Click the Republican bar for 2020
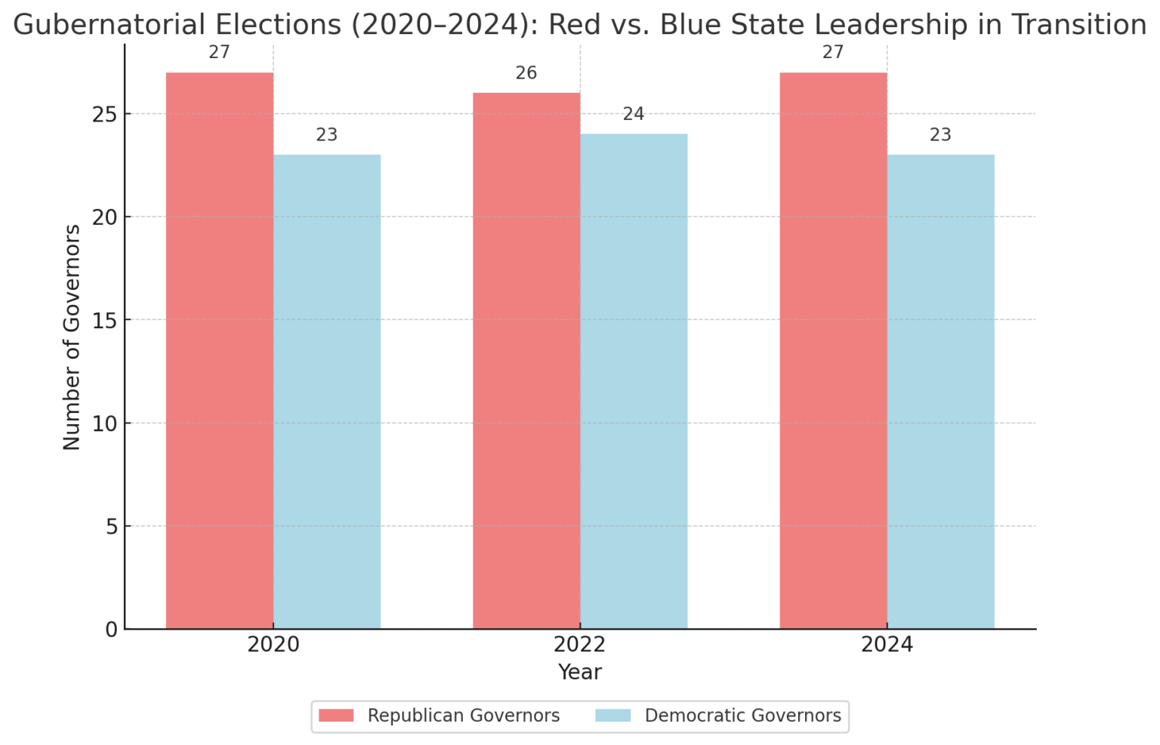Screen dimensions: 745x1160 click(220, 351)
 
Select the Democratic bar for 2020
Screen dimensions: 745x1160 click(327, 392)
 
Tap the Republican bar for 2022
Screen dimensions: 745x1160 click(526, 361)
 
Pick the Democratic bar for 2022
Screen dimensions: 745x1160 click(634, 381)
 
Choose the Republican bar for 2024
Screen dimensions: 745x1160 click(833, 351)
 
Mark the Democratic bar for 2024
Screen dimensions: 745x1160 click(940, 392)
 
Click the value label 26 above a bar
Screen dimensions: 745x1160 click(526, 73)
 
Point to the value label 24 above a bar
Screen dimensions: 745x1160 click(634, 114)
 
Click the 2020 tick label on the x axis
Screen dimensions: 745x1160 click(273, 645)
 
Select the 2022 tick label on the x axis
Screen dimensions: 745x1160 click(580, 645)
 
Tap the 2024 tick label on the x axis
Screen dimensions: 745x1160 click(887, 645)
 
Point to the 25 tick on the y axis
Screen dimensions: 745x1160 click(106, 115)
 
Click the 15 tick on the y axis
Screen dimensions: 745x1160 click(106, 321)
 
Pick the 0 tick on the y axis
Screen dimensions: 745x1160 click(112, 630)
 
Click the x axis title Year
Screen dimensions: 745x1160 click(580, 673)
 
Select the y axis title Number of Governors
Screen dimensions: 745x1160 click(72, 337)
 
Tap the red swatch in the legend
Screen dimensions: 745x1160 click(336, 716)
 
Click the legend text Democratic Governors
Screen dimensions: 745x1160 click(742, 716)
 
